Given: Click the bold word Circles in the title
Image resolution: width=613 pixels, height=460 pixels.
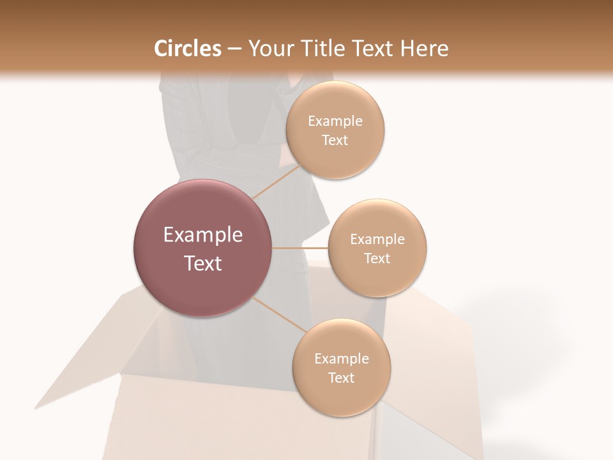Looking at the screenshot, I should click(187, 49).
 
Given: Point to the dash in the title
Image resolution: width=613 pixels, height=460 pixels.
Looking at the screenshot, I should click(234, 49).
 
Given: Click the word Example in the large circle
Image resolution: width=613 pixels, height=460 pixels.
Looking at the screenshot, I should click(203, 235).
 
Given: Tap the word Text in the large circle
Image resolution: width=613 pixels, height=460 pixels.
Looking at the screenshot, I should click(203, 263).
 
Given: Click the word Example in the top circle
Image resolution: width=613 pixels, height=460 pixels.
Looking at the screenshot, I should click(335, 121).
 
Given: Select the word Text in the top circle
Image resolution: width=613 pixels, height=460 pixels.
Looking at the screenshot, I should click(335, 141).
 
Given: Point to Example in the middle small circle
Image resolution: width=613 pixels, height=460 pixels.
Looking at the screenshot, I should click(377, 240).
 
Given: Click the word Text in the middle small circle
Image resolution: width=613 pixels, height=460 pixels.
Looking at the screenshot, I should click(377, 259).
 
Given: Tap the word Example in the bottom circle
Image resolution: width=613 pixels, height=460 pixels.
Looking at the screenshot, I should click(342, 359).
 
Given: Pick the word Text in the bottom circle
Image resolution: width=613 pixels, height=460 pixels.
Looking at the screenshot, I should click(342, 378).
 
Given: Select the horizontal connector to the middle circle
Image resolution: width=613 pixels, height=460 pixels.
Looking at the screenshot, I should click(299, 247).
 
